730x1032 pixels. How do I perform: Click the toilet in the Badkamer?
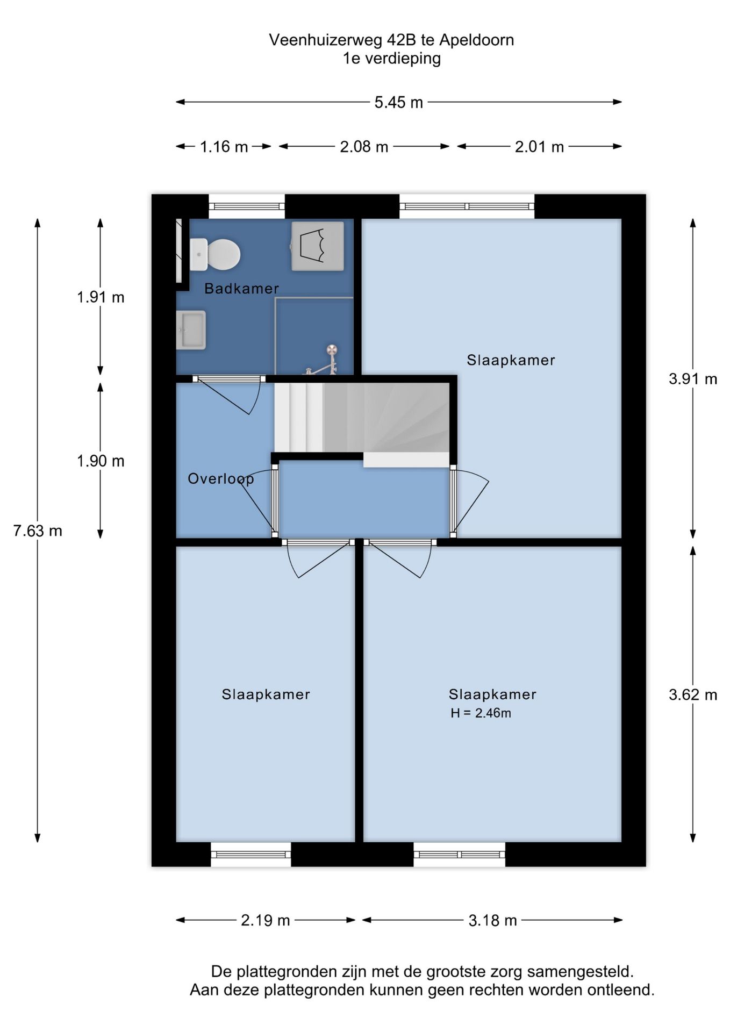214,254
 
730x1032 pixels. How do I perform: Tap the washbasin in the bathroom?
191,330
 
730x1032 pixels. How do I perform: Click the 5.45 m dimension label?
399,102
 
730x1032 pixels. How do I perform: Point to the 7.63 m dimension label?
38,531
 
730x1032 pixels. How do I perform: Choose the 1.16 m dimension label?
224,147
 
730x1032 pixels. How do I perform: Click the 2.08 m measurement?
364,147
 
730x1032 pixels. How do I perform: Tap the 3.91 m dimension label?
693,379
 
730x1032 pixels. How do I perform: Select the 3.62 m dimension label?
693,695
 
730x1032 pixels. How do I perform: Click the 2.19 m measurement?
266,921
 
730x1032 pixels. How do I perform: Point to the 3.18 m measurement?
492,921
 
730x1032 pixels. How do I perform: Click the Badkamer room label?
242,289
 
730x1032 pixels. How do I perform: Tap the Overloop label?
221,479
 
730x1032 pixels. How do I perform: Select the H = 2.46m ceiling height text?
481,713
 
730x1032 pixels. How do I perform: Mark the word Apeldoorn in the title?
477,40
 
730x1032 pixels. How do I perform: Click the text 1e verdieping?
392,58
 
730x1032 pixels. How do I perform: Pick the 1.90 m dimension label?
101,461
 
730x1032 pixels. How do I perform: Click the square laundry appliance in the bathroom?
318,246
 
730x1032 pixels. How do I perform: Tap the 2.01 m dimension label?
539,147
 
